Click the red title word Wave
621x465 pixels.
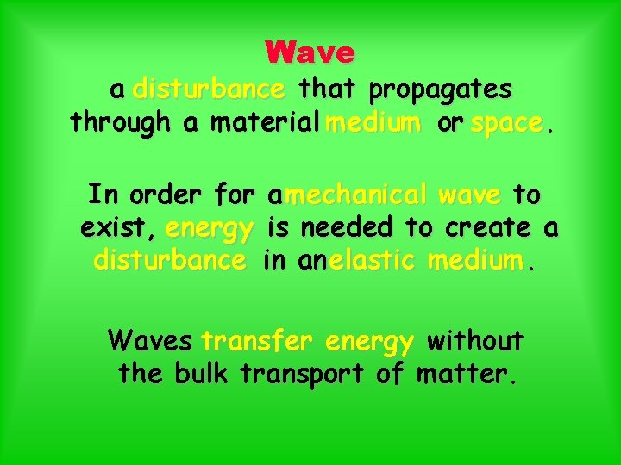(x=310, y=53)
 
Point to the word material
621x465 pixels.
(x=268, y=123)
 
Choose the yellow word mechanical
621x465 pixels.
(x=356, y=195)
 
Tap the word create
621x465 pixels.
(x=490, y=228)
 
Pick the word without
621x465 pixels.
(x=475, y=341)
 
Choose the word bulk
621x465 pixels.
(x=202, y=375)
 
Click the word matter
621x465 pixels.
(x=465, y=375)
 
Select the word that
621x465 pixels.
(x=329, y=90)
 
